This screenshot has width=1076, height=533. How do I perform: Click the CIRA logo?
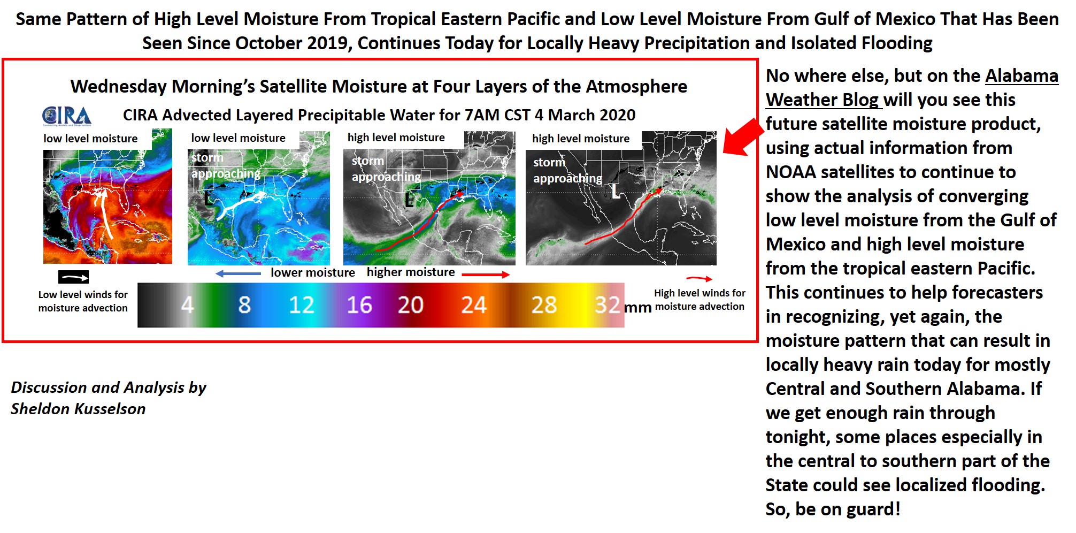click(x=67, y=116)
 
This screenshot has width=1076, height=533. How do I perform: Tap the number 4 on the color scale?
click(x=187, y=305)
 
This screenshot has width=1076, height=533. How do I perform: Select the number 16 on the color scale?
click(x=359, y=305)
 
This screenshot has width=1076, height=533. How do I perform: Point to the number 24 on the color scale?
click(x=473, y=305)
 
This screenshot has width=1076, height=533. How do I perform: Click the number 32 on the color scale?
click(x=608, y=305)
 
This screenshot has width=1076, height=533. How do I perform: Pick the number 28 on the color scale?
click(x=544, y=305)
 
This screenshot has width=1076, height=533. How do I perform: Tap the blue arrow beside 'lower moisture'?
click(x=238, y=273)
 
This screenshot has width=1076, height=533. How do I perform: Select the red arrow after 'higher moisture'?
click(x=486, y=275)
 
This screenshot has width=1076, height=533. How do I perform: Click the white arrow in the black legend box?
click(x=73, y=277)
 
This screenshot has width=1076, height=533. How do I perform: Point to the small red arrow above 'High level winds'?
click(x=699, y=278)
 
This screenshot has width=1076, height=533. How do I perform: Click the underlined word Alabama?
click(x=1021, y=76)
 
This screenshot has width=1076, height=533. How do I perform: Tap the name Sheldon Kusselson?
click(x=78, y=409)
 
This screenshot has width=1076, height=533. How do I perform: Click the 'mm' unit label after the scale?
click(x=637, y=307)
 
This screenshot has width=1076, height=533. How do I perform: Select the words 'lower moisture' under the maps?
click(x=312, y=272)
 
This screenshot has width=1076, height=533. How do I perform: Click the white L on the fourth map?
click(x=616, y=191)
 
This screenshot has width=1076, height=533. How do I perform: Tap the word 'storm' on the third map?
click(x=368, y=161)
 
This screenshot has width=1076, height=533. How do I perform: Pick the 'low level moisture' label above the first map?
click(x=90, y=139)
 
